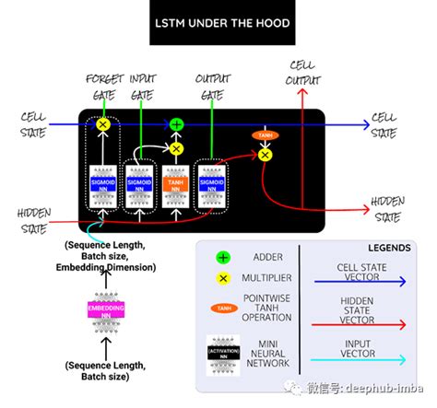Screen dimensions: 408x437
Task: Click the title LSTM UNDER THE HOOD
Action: click(218, 22)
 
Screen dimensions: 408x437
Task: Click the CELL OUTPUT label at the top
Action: click(303, 73)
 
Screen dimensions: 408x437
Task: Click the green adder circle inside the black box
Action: click(177, 123)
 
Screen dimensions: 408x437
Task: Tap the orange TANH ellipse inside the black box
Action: click(266, 135)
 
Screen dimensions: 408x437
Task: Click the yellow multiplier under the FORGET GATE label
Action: click(103, 123)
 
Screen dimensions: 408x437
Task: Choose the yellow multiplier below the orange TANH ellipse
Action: click(266, 156)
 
